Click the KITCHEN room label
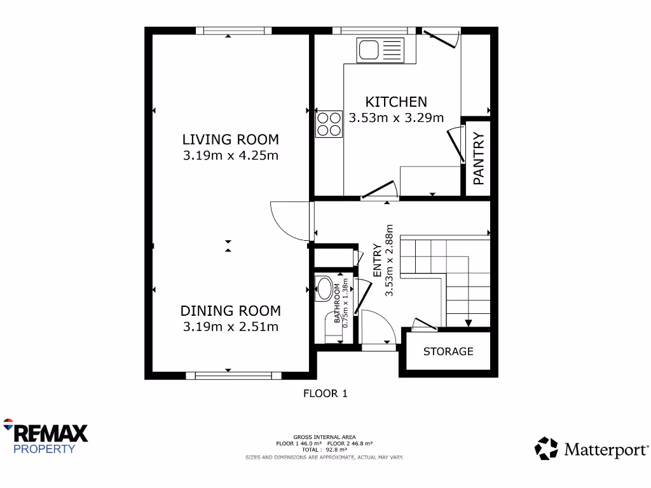[395, 102]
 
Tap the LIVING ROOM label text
[230, 139]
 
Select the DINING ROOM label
[230, 311]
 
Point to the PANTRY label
[479, 158]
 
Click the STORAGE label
[448, 351]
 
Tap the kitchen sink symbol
[380, 50]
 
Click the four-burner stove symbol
[329, 124]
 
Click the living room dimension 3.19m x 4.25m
[230, 156]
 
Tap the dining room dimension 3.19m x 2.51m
[230, 327]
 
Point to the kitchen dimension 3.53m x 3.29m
[395, 118]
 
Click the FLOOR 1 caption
[325, 393]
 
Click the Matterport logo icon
[545, 448]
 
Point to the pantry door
[456, 144]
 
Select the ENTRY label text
[377, 261]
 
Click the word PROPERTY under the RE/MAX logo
[45, 449]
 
